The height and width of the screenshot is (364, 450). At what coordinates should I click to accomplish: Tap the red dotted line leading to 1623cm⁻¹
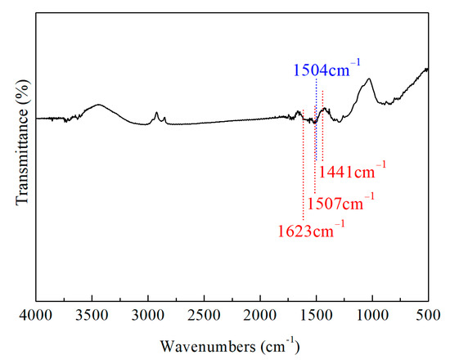[303, 172]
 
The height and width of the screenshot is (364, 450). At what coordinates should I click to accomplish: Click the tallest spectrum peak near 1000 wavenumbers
[370, 79]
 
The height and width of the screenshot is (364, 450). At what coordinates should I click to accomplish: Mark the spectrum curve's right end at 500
[428, 69]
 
